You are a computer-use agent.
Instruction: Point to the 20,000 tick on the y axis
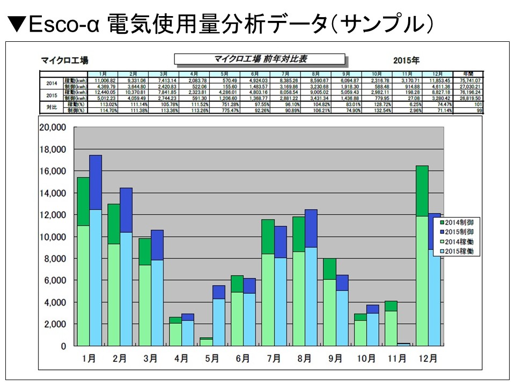coord(51,128)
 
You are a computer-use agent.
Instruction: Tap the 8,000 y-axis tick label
coord(54,259)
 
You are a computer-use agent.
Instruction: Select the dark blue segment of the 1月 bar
coord(95,182)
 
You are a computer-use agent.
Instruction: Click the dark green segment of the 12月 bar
coord(422,191)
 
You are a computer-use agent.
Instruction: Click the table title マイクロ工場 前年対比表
coord(260,59)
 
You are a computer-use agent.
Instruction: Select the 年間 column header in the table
coord(468,73)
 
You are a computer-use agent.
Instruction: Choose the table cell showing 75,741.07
coord(468,79)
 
